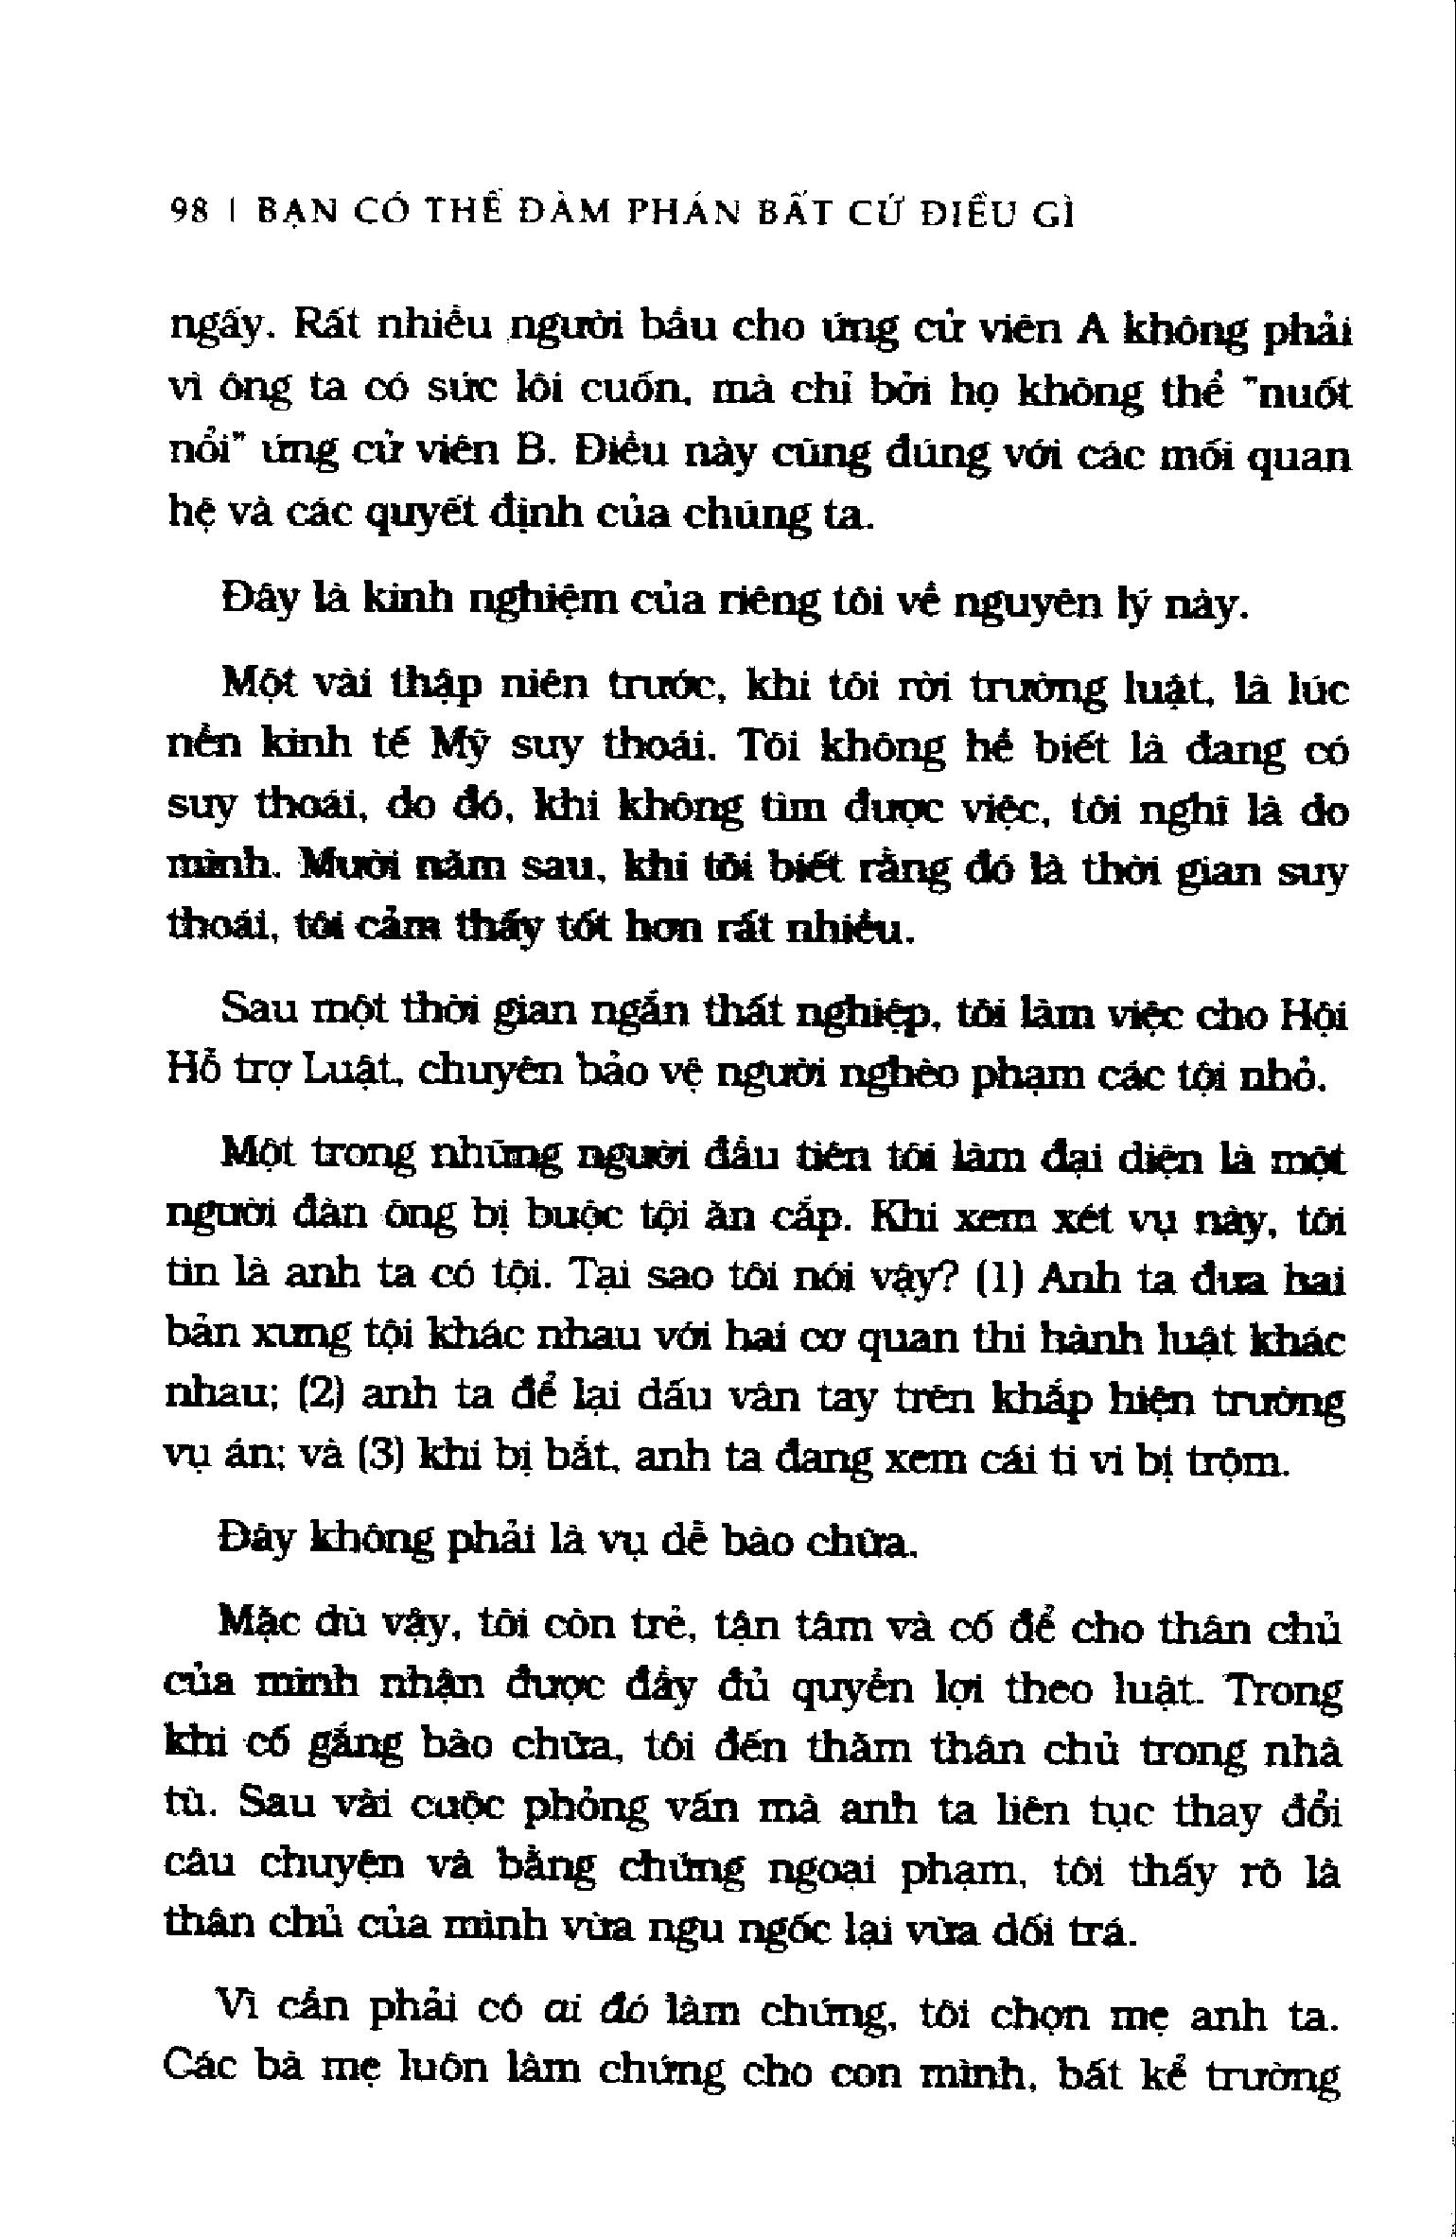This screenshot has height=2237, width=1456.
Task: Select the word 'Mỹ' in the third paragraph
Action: (x=460, y=750)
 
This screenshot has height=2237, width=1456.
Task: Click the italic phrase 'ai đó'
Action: (x=596, y=2012)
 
